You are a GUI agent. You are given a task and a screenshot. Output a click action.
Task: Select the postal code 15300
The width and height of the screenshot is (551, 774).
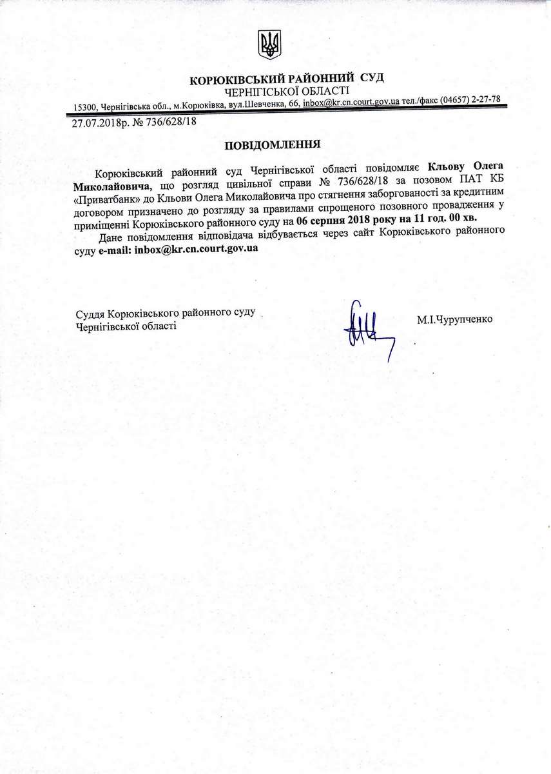tap(85, 106)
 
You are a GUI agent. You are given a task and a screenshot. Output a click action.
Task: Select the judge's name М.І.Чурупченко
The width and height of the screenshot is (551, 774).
tap(454, 318)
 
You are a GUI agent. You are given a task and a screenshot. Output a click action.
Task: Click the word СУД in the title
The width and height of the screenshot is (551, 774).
tap(372, 77)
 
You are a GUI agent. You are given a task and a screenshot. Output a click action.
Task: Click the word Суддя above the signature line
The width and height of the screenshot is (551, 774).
tap(90, 313)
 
